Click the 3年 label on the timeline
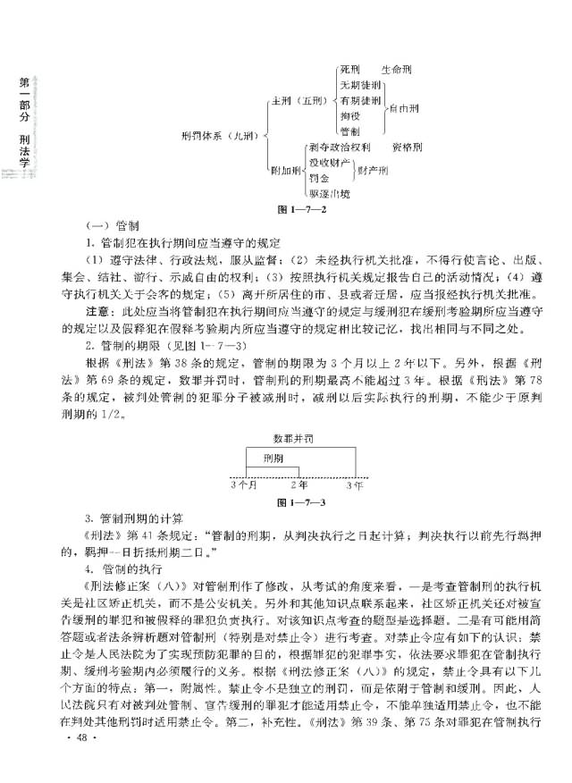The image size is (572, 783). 354,485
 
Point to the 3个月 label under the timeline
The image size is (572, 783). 243,485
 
